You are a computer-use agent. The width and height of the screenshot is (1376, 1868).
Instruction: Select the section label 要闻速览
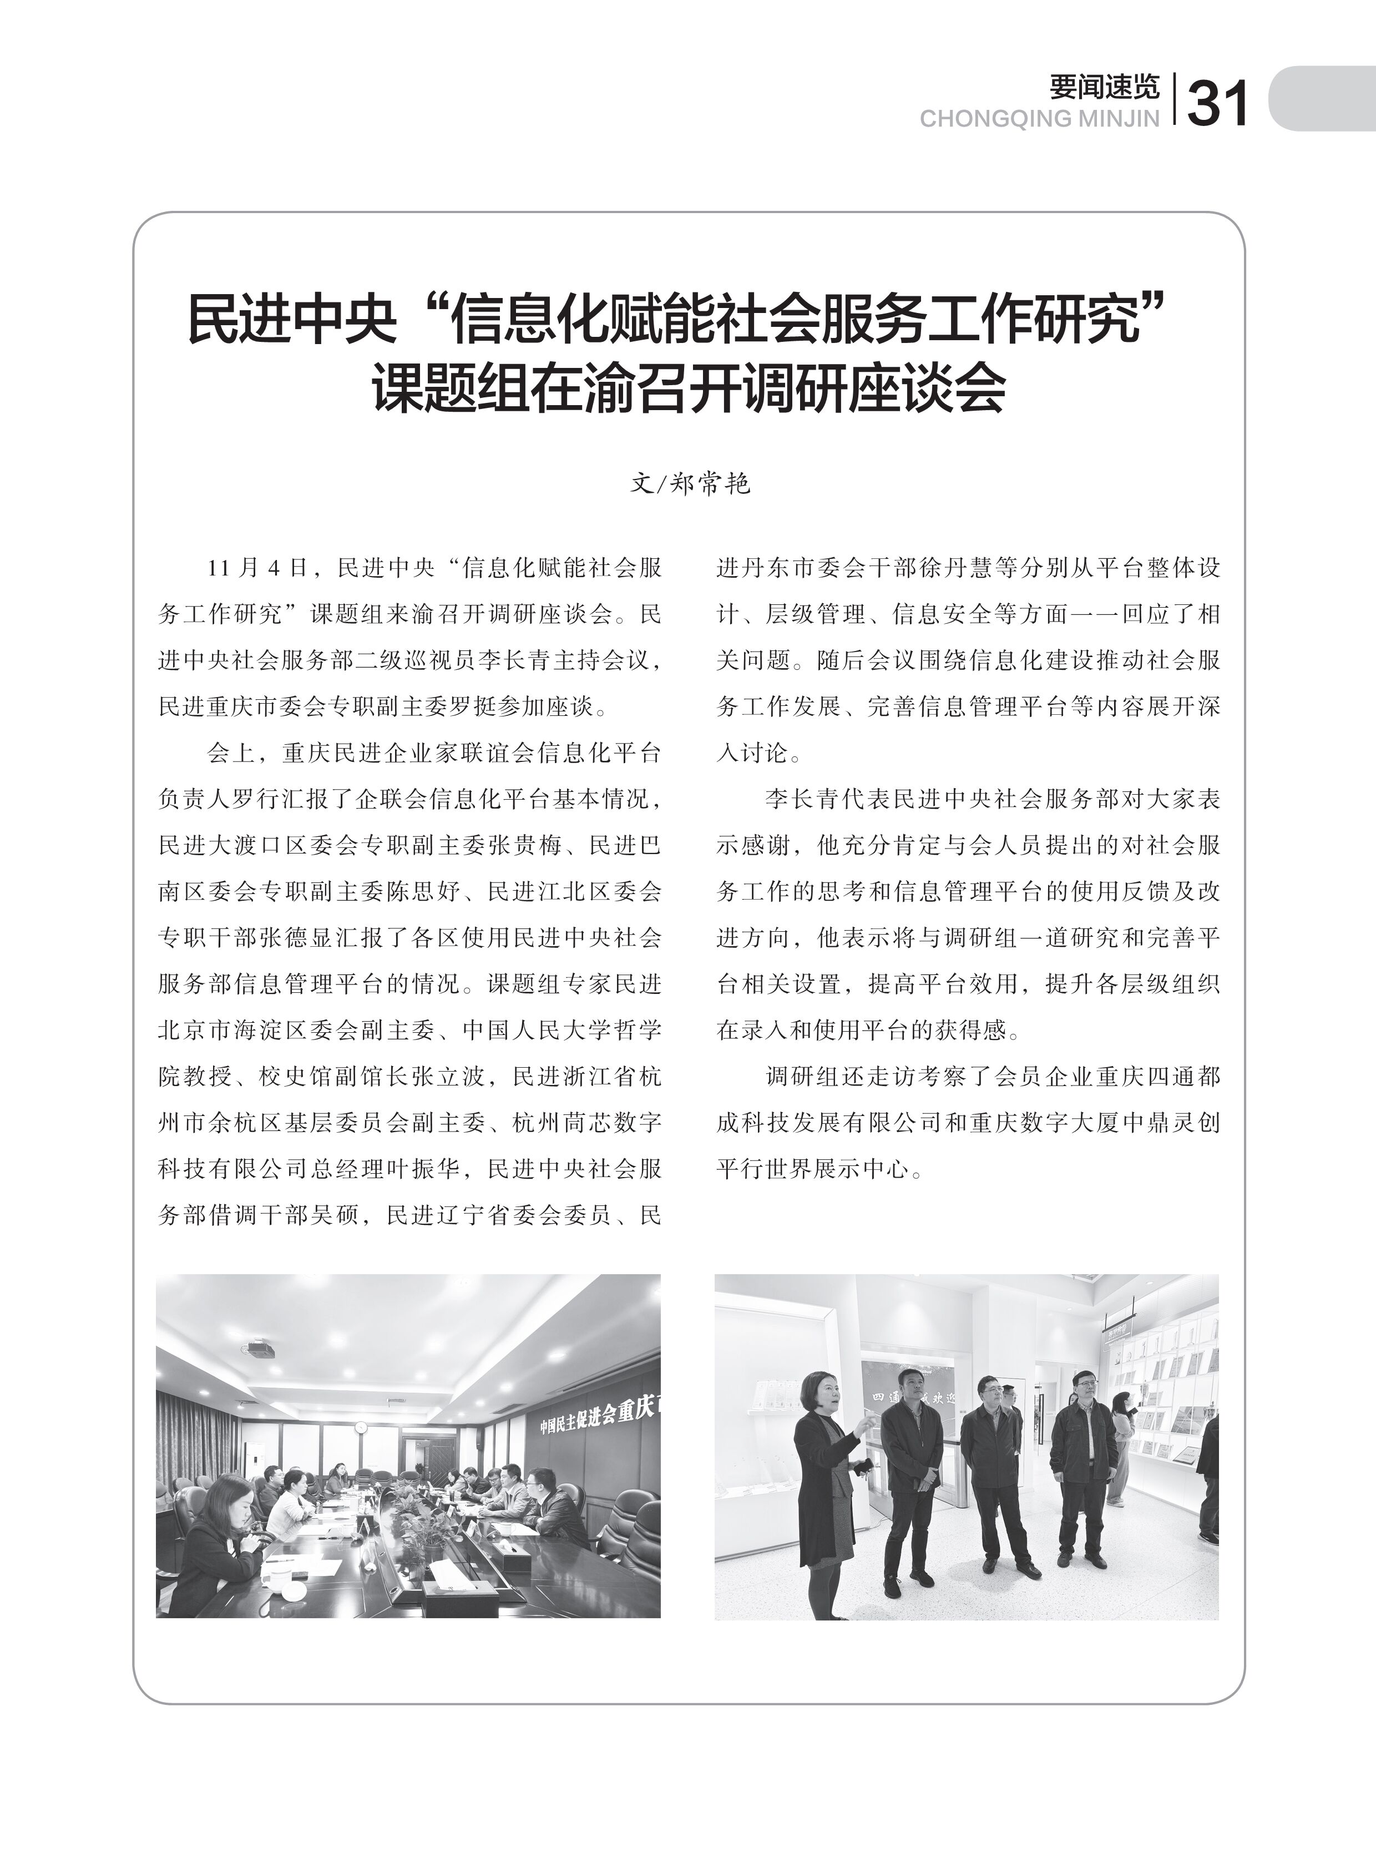tap(1104, 87)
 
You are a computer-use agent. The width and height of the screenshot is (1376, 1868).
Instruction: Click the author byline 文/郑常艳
tap(690, 483)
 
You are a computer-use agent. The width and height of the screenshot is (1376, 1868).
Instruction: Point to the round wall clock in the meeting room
tap(360, 1427)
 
